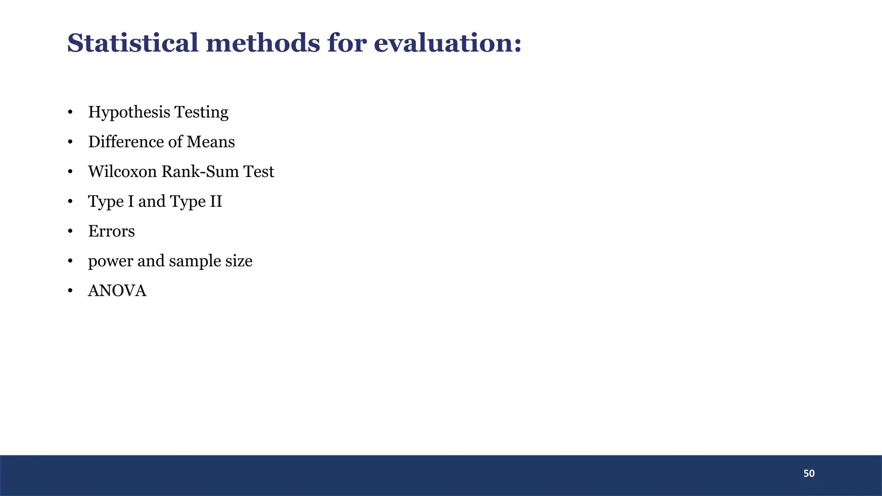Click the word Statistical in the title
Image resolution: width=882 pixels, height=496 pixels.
tap(133, 43)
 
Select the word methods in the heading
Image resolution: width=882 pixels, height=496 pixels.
tap(263, 43)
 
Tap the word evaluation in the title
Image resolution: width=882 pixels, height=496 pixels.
tap(447, 43)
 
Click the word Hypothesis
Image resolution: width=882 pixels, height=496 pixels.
tap(129, 112)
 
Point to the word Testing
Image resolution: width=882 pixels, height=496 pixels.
tap(201, 112)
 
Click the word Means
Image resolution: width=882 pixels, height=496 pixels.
tap(211, 142)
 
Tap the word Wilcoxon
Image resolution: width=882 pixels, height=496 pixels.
tap(122, 171)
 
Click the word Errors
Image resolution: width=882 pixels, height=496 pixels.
tap(112, 231)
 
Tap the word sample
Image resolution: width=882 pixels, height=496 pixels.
tap(195, 261)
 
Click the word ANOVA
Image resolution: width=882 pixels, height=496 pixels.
tap(117, 291)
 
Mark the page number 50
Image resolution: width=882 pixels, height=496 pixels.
tap(809, 474)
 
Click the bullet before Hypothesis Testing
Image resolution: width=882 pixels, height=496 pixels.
tap(70, 112)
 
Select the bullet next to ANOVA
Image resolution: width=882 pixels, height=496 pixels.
tap(70, 291)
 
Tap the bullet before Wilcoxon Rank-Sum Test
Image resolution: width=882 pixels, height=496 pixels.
tap(70, 172)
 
